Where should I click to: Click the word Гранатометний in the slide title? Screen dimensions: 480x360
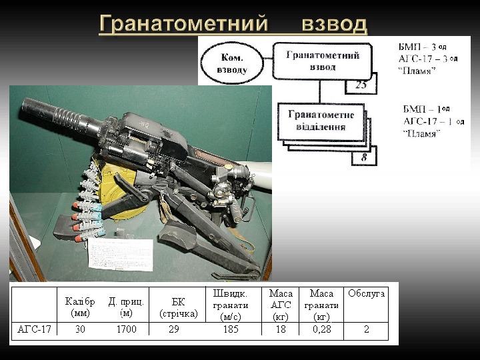[181, 25]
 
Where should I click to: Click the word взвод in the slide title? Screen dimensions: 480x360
[334, 25]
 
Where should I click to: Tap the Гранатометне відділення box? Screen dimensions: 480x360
[321, 121]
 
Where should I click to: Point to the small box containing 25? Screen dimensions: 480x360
[361, 84]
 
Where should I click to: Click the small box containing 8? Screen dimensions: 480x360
[364, 157]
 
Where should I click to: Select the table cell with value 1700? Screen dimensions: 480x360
[126, 329]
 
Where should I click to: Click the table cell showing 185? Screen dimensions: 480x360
[231, 329]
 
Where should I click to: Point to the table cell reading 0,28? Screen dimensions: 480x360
[322, 329]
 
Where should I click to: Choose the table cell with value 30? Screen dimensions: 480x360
[80, 329]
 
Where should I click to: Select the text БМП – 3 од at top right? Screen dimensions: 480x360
[422, 47]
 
